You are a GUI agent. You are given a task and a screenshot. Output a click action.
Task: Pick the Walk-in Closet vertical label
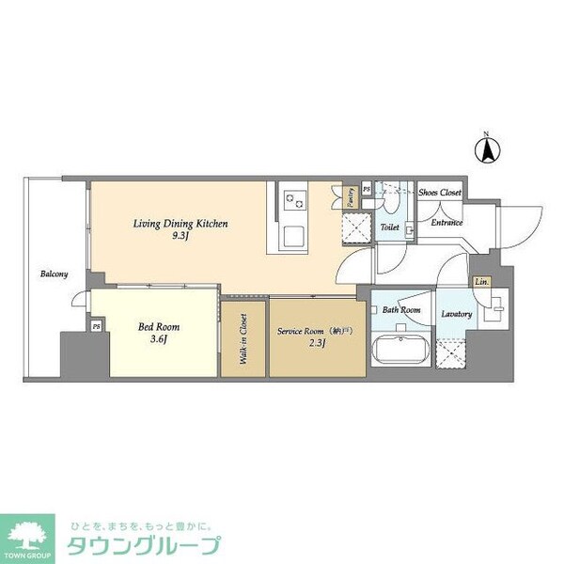[243, 339]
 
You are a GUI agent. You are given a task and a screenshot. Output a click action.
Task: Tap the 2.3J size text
[315, 344]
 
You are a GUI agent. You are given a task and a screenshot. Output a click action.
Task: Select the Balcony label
[54, 274]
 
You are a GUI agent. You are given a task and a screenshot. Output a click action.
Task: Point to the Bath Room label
[400, 311]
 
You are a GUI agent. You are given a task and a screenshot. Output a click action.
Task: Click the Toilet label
[390, 227]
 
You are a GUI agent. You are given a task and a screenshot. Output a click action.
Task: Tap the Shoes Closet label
[439, 192]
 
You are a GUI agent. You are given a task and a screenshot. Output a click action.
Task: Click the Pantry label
[350, 197]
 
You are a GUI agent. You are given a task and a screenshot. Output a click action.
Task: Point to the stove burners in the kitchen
[297, 198]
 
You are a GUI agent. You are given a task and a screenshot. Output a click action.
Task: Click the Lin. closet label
[481, 282]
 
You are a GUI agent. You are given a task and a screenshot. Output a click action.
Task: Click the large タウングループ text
[142, 545]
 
